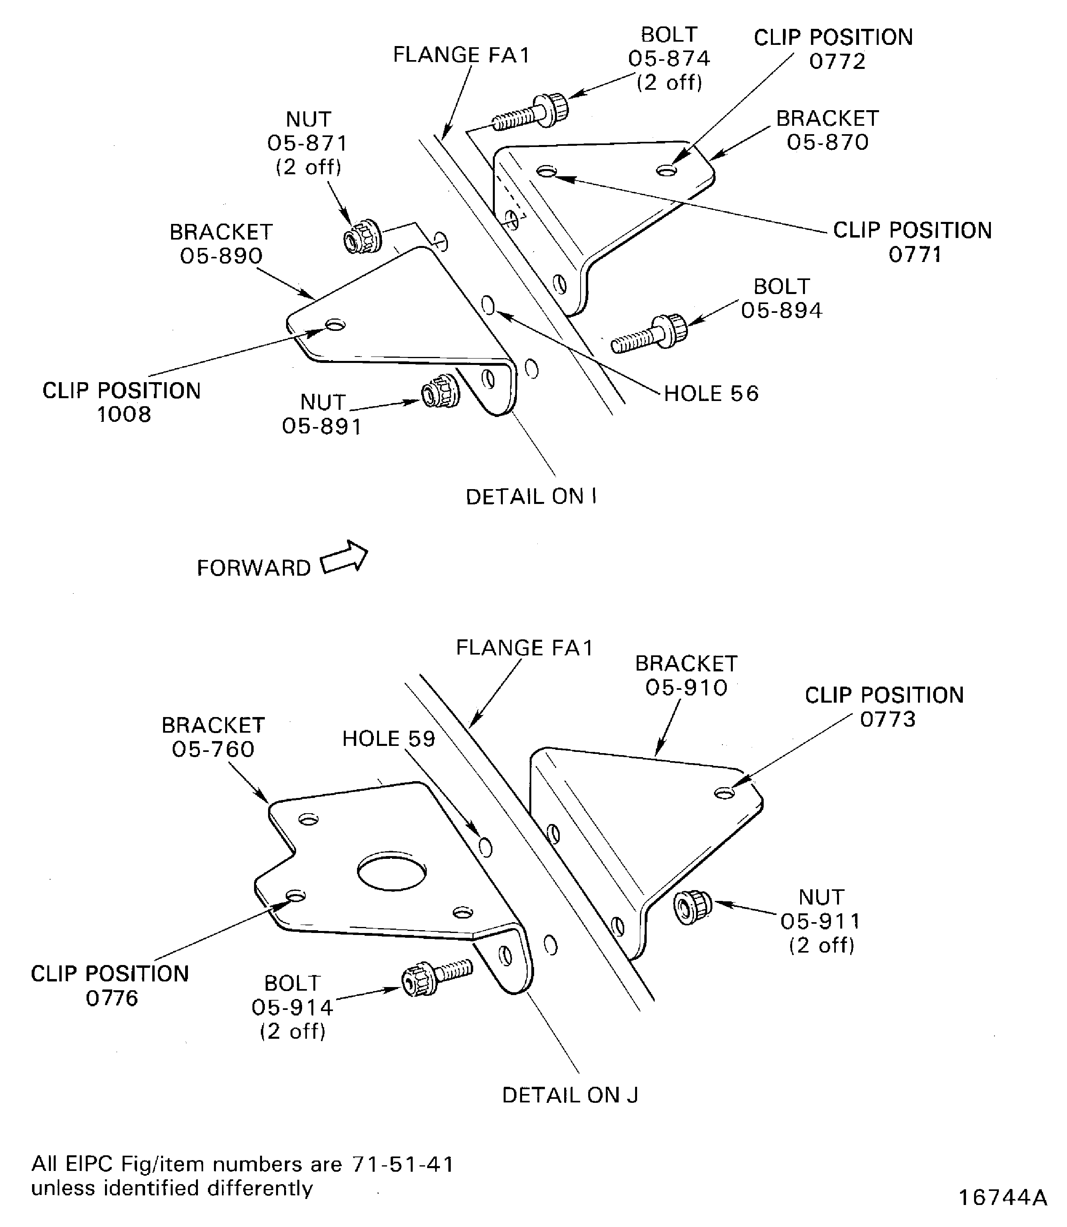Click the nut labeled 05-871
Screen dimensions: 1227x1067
(x=363, y=236)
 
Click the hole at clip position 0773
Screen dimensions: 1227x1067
(x=724, y=792)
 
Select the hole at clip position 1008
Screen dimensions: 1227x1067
(x=336, y=325)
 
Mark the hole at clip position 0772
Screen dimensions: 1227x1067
(x=666, y=171)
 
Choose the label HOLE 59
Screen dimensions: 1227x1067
(x=388, y=739)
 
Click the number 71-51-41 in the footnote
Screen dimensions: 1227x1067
(x=403, y=1163)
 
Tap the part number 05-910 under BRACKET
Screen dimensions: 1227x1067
(x=686, y=688)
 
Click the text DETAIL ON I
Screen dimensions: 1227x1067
(x=530, y=496)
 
